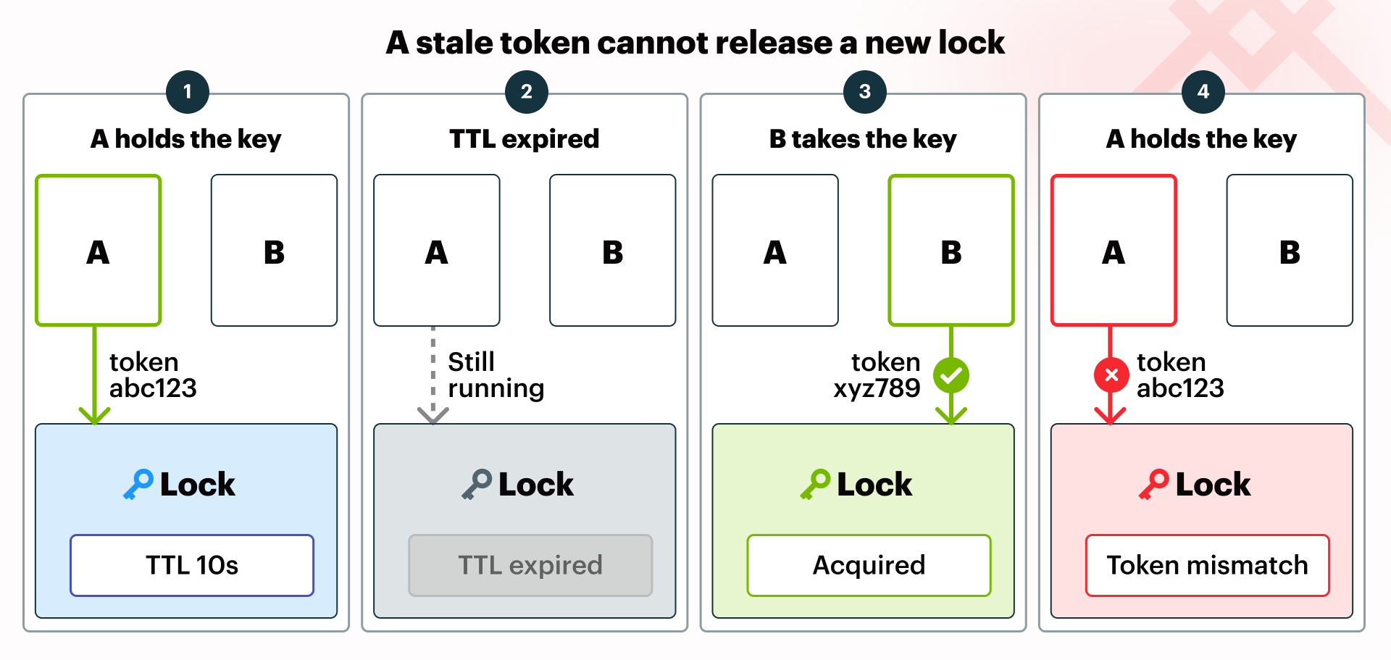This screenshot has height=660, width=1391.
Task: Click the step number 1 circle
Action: (188, 92)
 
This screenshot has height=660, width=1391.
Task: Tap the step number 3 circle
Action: (865, 92)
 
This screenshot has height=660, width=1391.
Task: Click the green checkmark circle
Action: (951, 375)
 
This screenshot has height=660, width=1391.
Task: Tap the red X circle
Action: (1111, 375)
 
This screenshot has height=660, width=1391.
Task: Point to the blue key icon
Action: (138, 484)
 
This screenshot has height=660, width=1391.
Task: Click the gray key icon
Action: (477, 484)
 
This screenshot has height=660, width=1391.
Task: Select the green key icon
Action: (816, 484)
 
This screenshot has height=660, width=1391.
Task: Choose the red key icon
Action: (1154, 484)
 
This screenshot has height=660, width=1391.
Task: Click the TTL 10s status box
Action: (192, 565)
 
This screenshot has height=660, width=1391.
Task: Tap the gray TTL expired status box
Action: (530, 565)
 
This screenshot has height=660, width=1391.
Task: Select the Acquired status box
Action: (869, 565)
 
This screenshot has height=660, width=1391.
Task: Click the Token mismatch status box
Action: (1208, 565)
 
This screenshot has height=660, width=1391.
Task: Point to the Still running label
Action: (496, 375)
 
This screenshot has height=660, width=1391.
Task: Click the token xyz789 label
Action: (877, 375)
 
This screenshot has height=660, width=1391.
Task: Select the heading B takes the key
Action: (863, 138)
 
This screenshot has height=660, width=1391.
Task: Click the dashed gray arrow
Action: (433, 375)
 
